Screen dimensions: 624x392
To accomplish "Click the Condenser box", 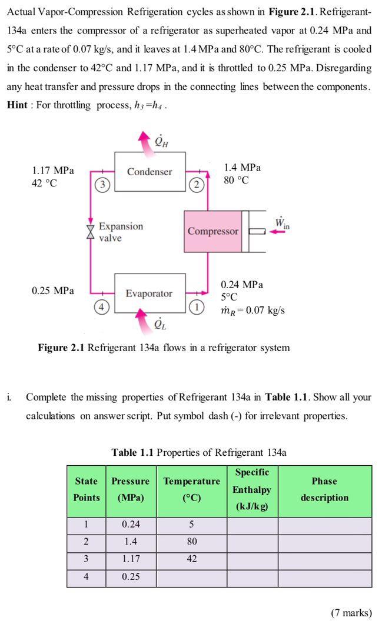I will click(x=150, y=172).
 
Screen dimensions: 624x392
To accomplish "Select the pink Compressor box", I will click(x=212, y=231).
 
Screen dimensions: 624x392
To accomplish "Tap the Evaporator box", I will click(x=150, y=293).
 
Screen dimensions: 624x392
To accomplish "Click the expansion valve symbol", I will click(x=90, y=232).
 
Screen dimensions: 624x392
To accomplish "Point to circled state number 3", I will click(x=102, y=185).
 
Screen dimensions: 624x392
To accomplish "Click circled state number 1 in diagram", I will click(x=196, y=306).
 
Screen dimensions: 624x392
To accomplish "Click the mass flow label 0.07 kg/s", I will click(x=253, y=310).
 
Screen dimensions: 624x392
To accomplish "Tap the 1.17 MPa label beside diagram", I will click(x=53, y=171).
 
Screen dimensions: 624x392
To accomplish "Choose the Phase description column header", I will click(x=324, y=489).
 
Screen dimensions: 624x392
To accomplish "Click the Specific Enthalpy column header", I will click(x=252, y=489).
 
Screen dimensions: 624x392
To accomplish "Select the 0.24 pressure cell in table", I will click(x=131, y=525).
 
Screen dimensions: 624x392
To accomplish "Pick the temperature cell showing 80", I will click(x=192, y=542).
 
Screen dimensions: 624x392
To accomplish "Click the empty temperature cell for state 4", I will click(x=192, y=577).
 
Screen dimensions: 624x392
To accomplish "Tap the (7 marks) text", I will click(x=351, y=613).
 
